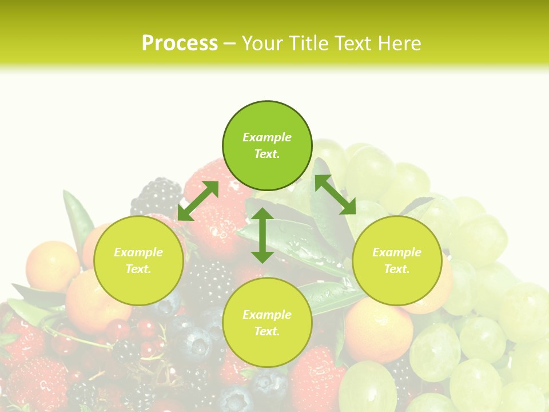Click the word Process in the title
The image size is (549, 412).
tap(180, 43)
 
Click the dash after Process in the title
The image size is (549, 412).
tap(230, 44)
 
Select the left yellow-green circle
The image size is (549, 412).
tap(138, 260)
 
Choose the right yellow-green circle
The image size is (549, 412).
tap(397, 260)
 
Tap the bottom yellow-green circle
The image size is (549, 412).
tap(267, 323)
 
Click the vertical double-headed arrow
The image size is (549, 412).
tap(262, 235)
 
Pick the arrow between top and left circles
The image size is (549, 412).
tap(198, 201)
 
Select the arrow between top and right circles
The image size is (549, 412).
tap(335, 195)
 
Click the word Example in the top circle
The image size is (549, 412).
tap(267, 137)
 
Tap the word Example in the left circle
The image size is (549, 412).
tap(138, 252)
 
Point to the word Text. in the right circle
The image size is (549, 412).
tap(397, 269)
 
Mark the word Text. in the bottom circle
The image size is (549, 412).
tap(267, 331)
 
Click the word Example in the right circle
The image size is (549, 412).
tap(397, 252)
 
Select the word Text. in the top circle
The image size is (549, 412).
tap(267, 154)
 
